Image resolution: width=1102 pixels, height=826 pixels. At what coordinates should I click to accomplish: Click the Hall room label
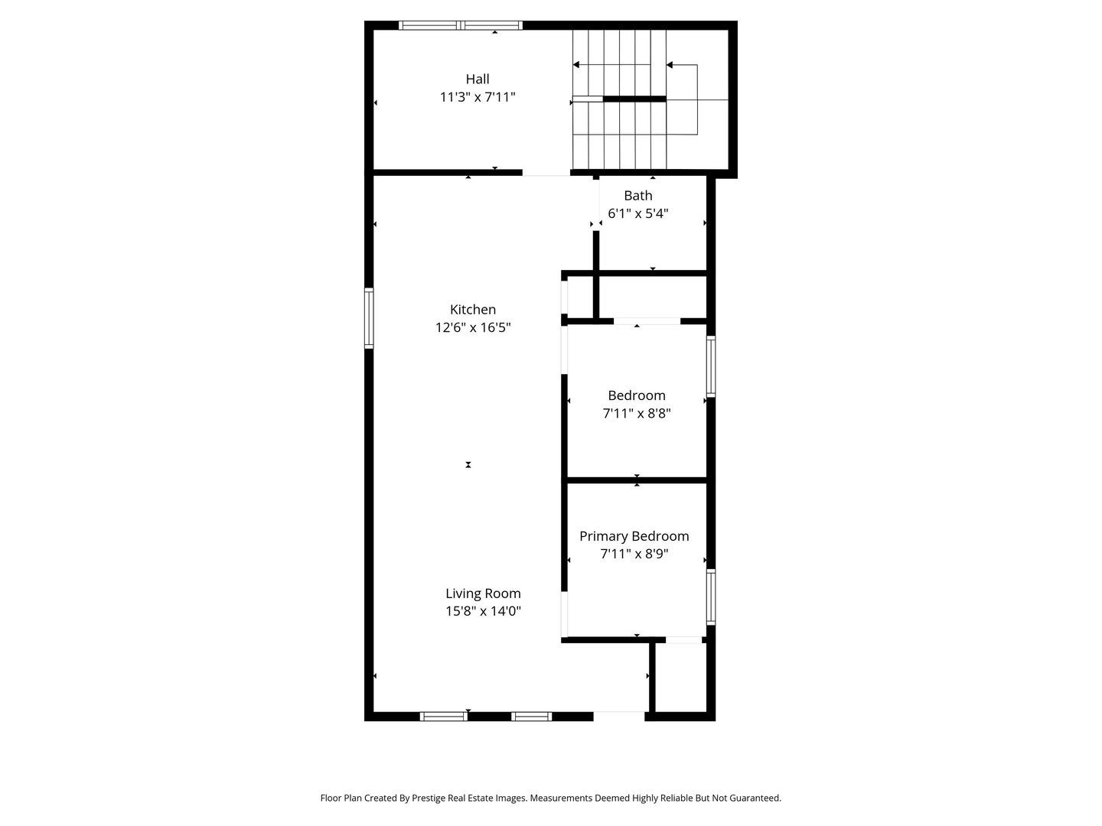click(x=478, y=79)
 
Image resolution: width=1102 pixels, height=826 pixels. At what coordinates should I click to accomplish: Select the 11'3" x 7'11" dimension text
click(x=478, y=97)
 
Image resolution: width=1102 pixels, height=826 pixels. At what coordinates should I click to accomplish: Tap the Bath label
click(x=637, y=196)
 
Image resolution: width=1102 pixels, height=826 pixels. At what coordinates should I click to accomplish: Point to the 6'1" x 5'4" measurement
click(x=637, y=213)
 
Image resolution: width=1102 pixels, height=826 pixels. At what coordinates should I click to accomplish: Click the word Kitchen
click(x=473, y=310)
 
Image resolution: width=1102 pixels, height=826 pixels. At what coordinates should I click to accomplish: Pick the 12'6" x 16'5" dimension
click(x=473, y=327)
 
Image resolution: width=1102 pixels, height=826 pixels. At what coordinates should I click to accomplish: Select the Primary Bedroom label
click(x=634, y=536)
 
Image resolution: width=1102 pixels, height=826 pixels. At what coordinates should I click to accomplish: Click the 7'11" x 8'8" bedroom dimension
click(x=637, y=413)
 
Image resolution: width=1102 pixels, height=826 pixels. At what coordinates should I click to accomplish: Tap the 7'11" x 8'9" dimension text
click(x=634, y=554)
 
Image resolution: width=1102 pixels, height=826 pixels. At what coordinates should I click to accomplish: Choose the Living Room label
click(x=483, y=593)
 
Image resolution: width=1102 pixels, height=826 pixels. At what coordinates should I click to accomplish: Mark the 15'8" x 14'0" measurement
click(x=483, y=611)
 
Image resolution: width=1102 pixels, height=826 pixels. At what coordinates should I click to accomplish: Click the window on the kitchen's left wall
click(x=369, y=318)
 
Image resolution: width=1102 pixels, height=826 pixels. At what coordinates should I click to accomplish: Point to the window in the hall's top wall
click(x=461, y=25)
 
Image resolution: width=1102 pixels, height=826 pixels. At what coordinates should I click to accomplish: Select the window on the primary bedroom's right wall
click(x=711, y=597)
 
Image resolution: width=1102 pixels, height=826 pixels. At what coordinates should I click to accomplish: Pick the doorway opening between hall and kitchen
click(x=546, y=174)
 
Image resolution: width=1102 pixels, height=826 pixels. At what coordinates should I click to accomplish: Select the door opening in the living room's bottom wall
click(x=619, y=716)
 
